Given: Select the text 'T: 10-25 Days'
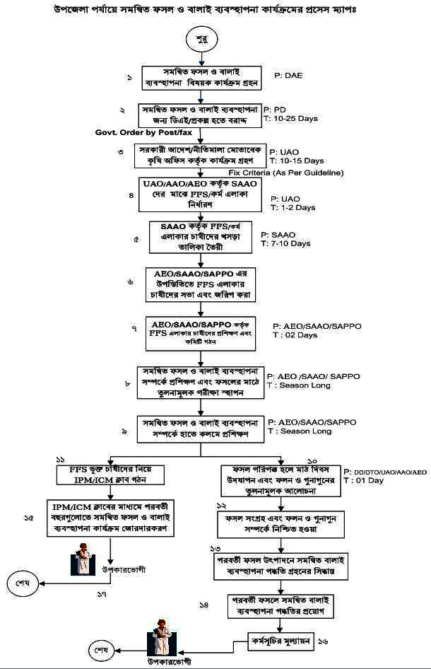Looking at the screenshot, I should click(x=290, y=119).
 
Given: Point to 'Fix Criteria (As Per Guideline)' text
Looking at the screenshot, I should click(x=286, y=173).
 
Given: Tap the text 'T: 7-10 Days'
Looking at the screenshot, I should click(x=285, y=243).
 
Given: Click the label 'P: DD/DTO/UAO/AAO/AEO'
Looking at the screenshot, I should click(x=384, y=471).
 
